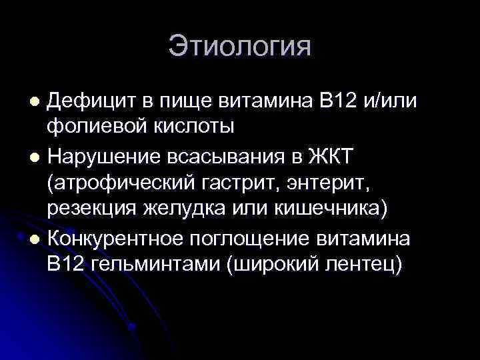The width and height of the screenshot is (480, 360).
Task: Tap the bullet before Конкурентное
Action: click(35, 237)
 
